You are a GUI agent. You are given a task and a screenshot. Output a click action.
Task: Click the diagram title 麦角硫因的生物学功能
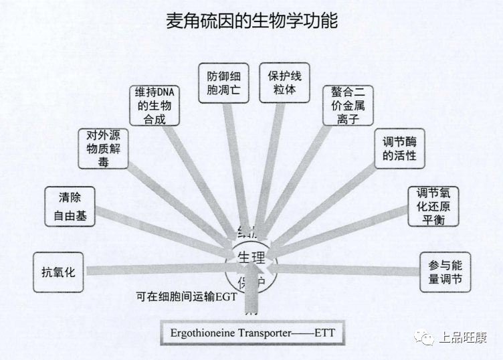(251, 21)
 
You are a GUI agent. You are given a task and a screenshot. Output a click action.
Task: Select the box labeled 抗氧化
(58, 272)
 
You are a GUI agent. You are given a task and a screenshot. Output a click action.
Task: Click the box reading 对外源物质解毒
(103, 149)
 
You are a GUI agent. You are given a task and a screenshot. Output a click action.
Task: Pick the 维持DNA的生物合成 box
(155, 105)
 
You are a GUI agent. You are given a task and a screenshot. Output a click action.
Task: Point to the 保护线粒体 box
(284, 82)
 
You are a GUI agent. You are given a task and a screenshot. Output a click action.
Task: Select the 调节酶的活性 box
(399, 149)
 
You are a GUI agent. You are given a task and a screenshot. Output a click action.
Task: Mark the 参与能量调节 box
(445, 272)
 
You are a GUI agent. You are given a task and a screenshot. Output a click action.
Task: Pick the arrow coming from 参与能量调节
(348, 270)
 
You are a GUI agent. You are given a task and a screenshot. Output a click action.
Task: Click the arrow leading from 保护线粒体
(271, 167)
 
